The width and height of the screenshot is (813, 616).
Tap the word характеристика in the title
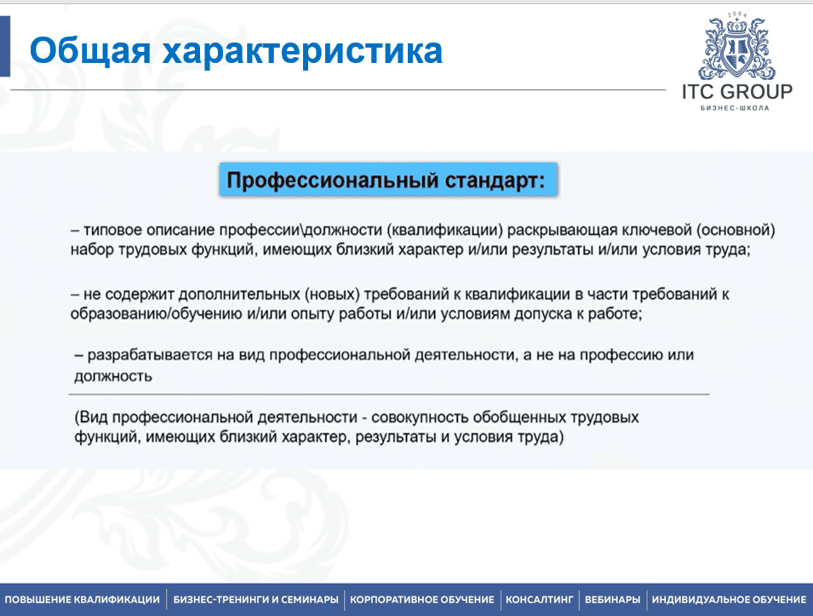[302, 52]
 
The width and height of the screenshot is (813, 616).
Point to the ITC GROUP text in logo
[736, 92]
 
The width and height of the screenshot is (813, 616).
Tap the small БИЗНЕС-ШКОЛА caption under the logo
[735, 108]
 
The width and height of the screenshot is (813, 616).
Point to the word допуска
[520, 313]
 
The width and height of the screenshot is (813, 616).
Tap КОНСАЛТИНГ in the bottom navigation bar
[540, 600]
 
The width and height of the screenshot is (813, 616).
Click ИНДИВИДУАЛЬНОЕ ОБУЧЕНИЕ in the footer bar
[729, 600]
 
